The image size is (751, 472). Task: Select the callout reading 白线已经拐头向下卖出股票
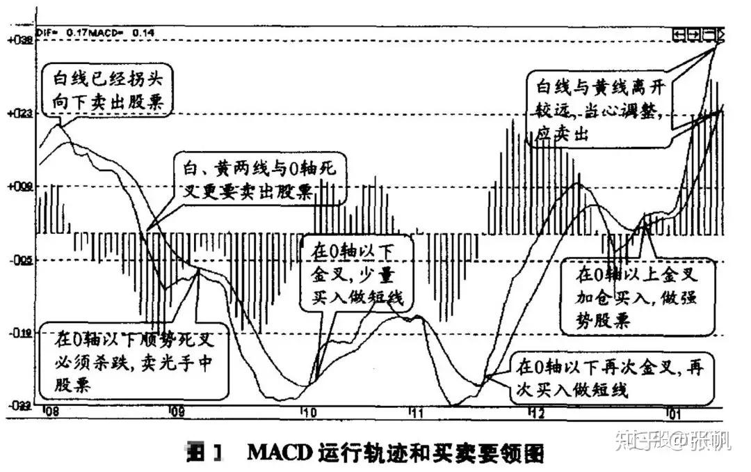pos(108,91)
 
